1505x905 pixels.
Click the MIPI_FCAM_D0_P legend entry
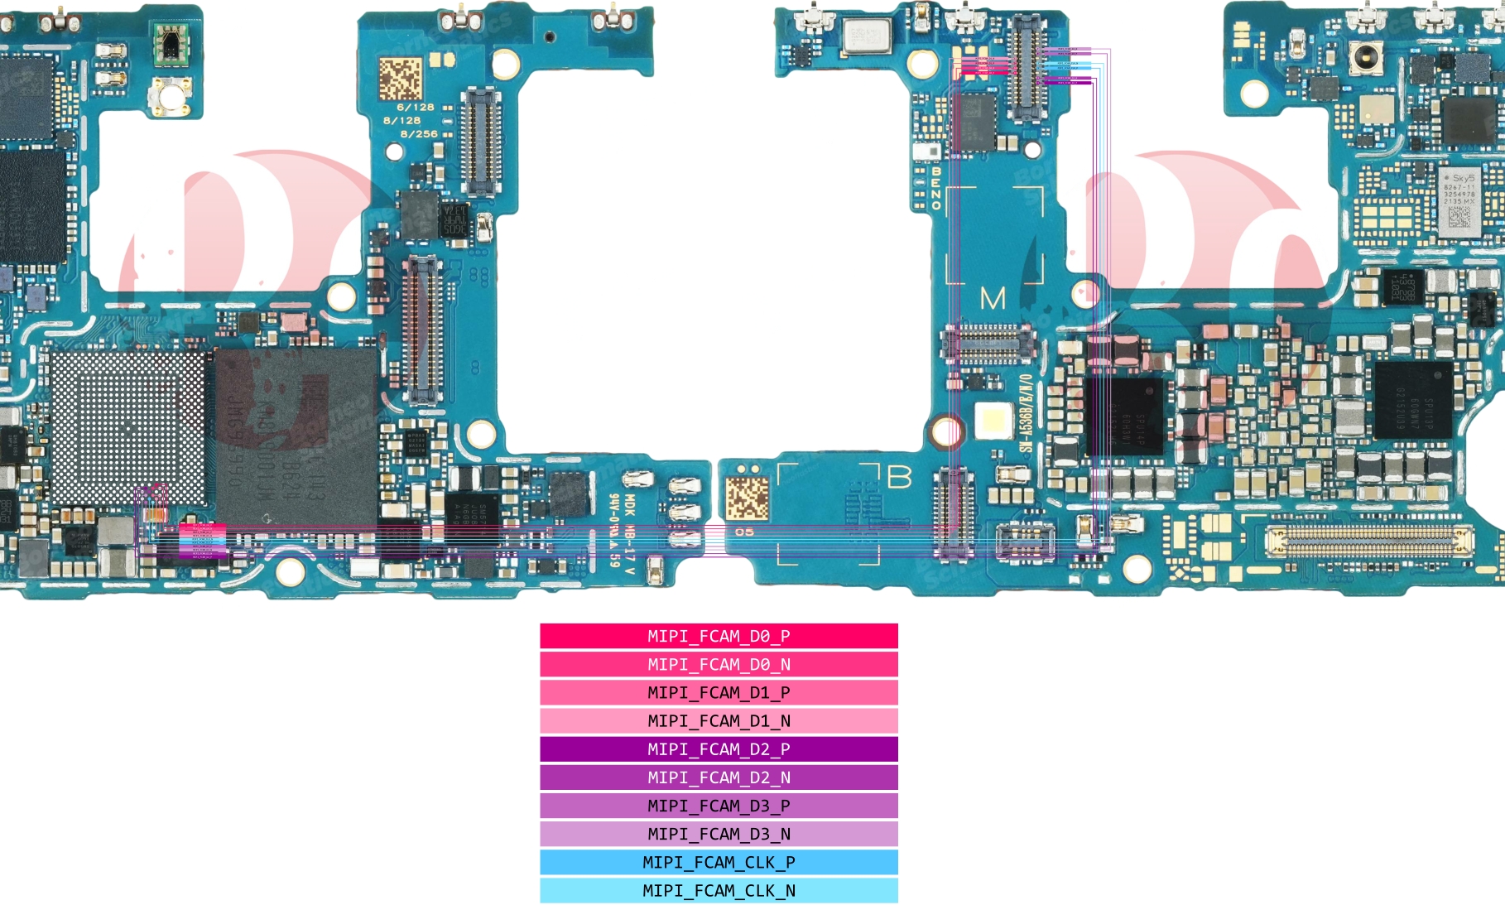click(x=719, y=636)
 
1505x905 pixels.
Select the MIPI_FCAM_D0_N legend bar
click(x=719, y=664)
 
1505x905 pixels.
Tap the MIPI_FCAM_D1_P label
click(x=719, y=692)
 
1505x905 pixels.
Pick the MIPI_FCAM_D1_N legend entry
click(x=719, y=720)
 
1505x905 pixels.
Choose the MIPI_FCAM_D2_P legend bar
click(x=719, y=749)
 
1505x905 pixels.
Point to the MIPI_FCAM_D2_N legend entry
click(x=719, y=777)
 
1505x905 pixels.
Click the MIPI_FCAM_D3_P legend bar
click(x=719, y=806)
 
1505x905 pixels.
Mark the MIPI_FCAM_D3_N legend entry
click(x=719, y=834)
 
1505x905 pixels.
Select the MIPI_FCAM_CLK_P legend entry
click(x=719, y=862)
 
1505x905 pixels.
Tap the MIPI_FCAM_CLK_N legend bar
click(x=719, y=890)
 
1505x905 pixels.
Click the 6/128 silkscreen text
click(x=415, y=108)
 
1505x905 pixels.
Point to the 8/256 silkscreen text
click(x=419, y=134)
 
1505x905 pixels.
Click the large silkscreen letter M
click(x=993, y=298)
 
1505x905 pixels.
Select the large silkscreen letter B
click(x=899, y=478)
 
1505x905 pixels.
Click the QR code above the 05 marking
click(x=747, y=498)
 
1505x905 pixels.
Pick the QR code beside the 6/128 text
click(x=401, y=78)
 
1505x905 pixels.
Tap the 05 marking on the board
click(x=744, y=532)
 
